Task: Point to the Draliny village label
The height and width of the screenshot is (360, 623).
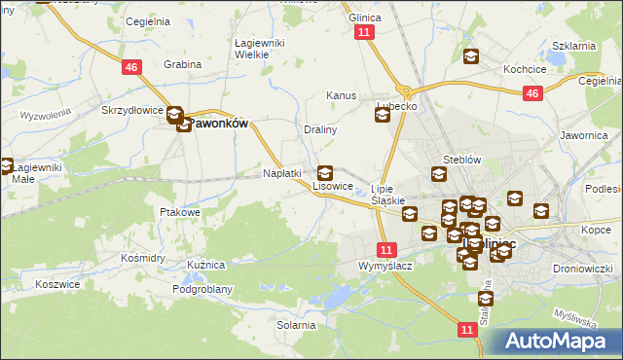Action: pyautogui.click(x=320, y=129)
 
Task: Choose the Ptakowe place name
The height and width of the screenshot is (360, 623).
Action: pyautogui.click(x=179, y=211)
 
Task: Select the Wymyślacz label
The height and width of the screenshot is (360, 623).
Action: pyautogui.click(x=385, y=266)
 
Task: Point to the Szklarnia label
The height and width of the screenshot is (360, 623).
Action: pyautogui.click(x=573, y=46)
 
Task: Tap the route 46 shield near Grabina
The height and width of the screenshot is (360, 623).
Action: pyautogui.click(x=132, y=66)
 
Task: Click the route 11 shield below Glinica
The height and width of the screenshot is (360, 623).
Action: pyautogui.click(x=365, y=32)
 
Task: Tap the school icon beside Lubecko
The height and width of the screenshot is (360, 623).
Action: pyautogui.click(x=383, y=116)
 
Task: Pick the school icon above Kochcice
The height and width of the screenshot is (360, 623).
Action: pyautogui.click(x=471, y=57)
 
